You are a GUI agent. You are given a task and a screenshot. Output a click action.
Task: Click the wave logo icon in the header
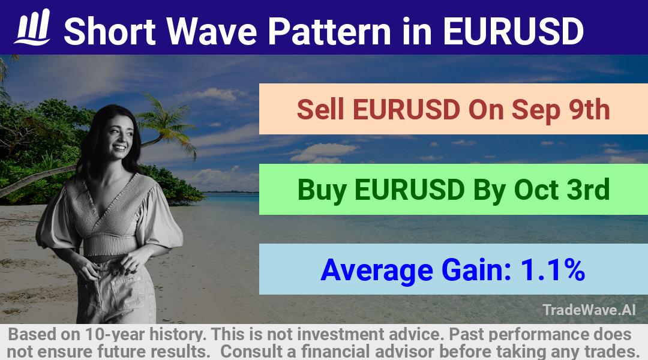click(32, 27)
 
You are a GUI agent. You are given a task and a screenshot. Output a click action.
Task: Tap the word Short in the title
click(110, 31)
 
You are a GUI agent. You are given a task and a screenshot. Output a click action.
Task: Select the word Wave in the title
click(212, 31)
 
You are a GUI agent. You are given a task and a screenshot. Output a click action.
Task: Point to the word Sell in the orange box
click(320, 109)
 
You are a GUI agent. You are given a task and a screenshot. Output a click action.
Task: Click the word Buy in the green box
click(322, 190)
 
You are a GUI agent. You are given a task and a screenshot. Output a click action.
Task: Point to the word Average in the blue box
click(376, 271)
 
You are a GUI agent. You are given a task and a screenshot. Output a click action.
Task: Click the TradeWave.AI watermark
click(589, 310)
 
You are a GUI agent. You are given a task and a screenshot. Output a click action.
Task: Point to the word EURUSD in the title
click(513, 31)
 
